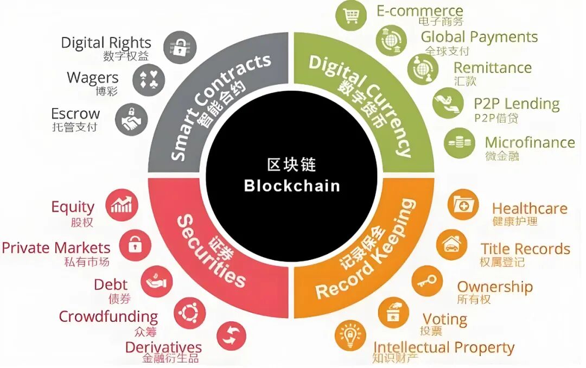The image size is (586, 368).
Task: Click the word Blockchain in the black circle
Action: point(292,186)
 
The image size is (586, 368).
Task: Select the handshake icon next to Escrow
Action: point(131,119)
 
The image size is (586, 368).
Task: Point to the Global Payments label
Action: point(479,37)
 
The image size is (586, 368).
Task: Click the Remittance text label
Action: point(492,68)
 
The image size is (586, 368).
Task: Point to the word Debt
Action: point(111,284)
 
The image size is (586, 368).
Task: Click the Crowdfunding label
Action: point(109,316)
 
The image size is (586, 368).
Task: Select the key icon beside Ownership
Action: point(427,281)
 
